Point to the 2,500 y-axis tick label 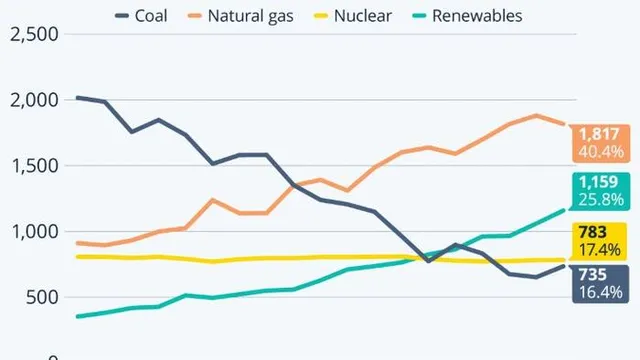coord(32,34)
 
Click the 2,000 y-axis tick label coord(32,100)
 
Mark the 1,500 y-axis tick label coord(32,166)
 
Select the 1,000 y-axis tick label coord(32,232)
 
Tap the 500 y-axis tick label coord(39,297)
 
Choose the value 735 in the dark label coord(600,273)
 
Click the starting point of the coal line coord(77,97)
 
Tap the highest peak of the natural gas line coord(537,115)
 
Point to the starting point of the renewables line coord(77,316)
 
